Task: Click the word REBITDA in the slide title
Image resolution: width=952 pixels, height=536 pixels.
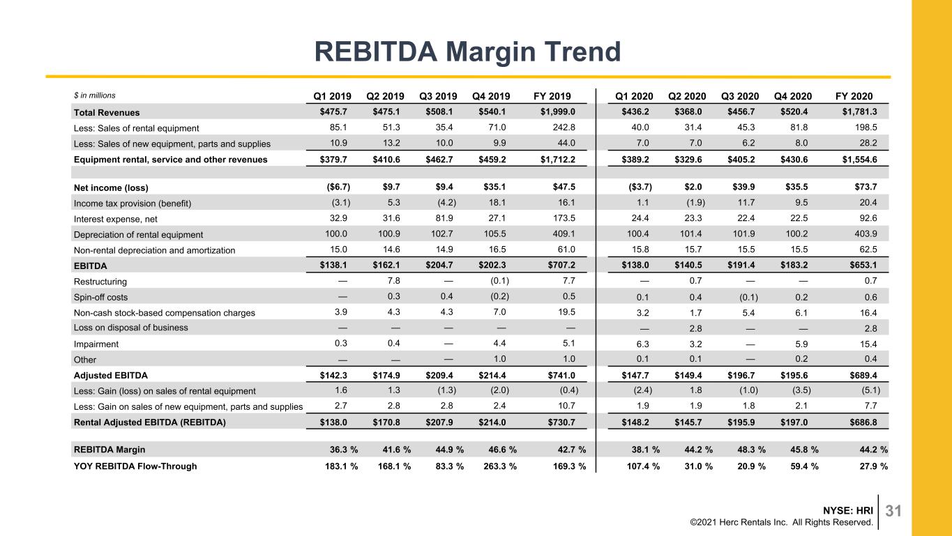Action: coord(376,52)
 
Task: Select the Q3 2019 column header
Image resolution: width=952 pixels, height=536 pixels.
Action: coord(438,96)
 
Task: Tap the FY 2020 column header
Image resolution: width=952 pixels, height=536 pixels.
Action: coord(854,96)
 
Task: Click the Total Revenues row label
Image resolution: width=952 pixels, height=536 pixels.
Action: coord(107,112)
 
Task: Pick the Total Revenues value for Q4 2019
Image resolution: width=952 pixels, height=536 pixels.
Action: coord(492,112)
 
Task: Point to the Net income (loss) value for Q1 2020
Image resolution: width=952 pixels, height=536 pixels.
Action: coord(640,187)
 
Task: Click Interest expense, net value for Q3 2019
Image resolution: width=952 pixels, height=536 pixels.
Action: coord(444,218)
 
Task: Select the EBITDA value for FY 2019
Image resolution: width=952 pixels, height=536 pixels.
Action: coord(561,265)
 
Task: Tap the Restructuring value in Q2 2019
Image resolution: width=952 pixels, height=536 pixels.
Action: coord(393,281)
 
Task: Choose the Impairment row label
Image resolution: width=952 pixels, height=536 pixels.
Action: coord(96,344)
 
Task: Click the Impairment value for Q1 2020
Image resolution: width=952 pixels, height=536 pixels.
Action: coord(642,344)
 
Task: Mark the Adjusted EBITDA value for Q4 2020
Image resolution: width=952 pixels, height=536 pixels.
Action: coord(794,376)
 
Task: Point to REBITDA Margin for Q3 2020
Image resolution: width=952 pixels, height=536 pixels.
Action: coord(751,450)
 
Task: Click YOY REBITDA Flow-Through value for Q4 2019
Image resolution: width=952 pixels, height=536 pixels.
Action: coord(500,466)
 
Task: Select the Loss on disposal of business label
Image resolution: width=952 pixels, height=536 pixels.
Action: coord(131,328)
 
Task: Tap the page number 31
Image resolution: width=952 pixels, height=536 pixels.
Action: coord(893,511)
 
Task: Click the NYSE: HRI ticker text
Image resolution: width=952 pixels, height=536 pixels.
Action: coord(848,510)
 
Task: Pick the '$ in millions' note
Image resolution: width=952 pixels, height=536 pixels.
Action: coord(94,95)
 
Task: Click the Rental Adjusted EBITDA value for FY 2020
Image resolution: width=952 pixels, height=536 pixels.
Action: coord(863,422)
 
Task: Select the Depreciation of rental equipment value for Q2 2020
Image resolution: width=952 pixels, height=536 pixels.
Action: coord(690,234)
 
